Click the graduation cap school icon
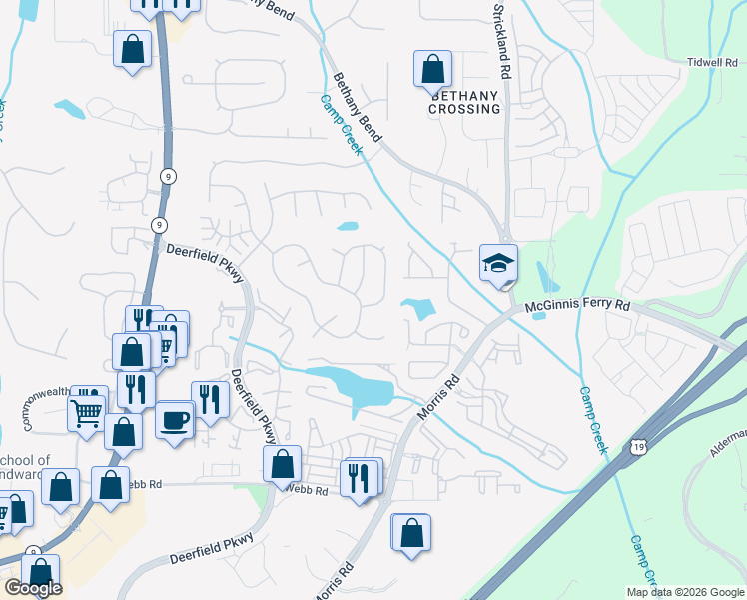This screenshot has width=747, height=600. [x=498, y=263]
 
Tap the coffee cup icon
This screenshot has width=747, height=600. [x=175, y=419]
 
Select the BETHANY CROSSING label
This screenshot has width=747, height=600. [x=464, y=102]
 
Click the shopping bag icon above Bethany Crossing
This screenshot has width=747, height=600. [x=432, y=69]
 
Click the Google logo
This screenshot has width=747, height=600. [x=32, y=588]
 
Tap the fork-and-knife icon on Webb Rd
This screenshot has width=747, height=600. [x=361, y=477]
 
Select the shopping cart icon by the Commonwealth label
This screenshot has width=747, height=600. [x=87, y=409]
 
